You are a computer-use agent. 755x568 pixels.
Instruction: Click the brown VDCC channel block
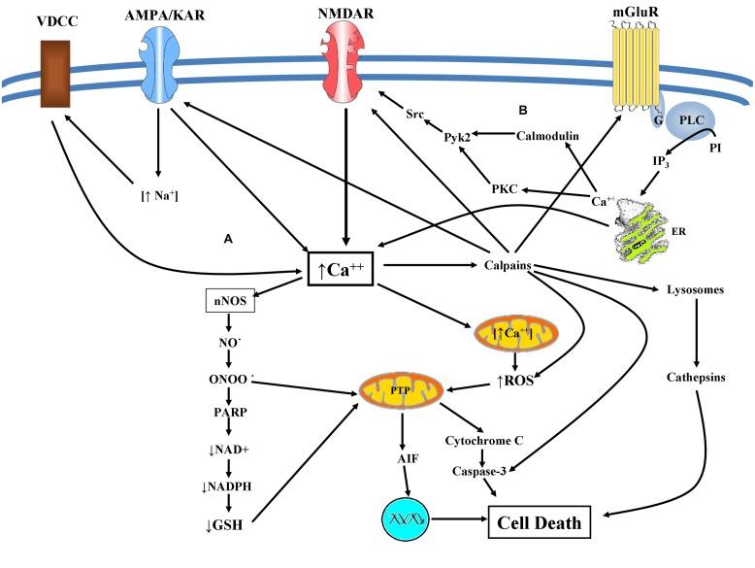(53, 73)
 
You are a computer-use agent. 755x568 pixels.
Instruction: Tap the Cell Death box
(540, 523)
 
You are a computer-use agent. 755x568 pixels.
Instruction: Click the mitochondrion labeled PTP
(401, 391)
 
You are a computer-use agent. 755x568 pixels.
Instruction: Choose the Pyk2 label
(458, 137)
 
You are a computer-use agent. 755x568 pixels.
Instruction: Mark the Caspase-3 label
(481, 470)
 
